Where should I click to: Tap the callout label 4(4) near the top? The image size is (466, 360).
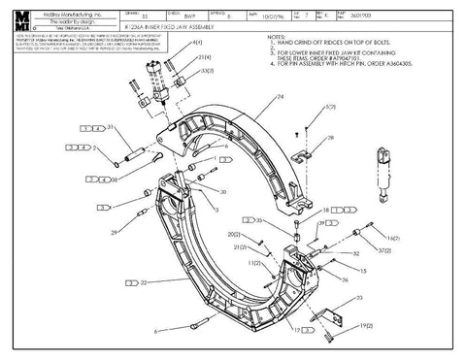click(198, 44)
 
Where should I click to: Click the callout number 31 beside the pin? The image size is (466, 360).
click(112, 127)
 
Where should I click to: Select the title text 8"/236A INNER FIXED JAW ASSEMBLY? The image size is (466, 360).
click(176, 32)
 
